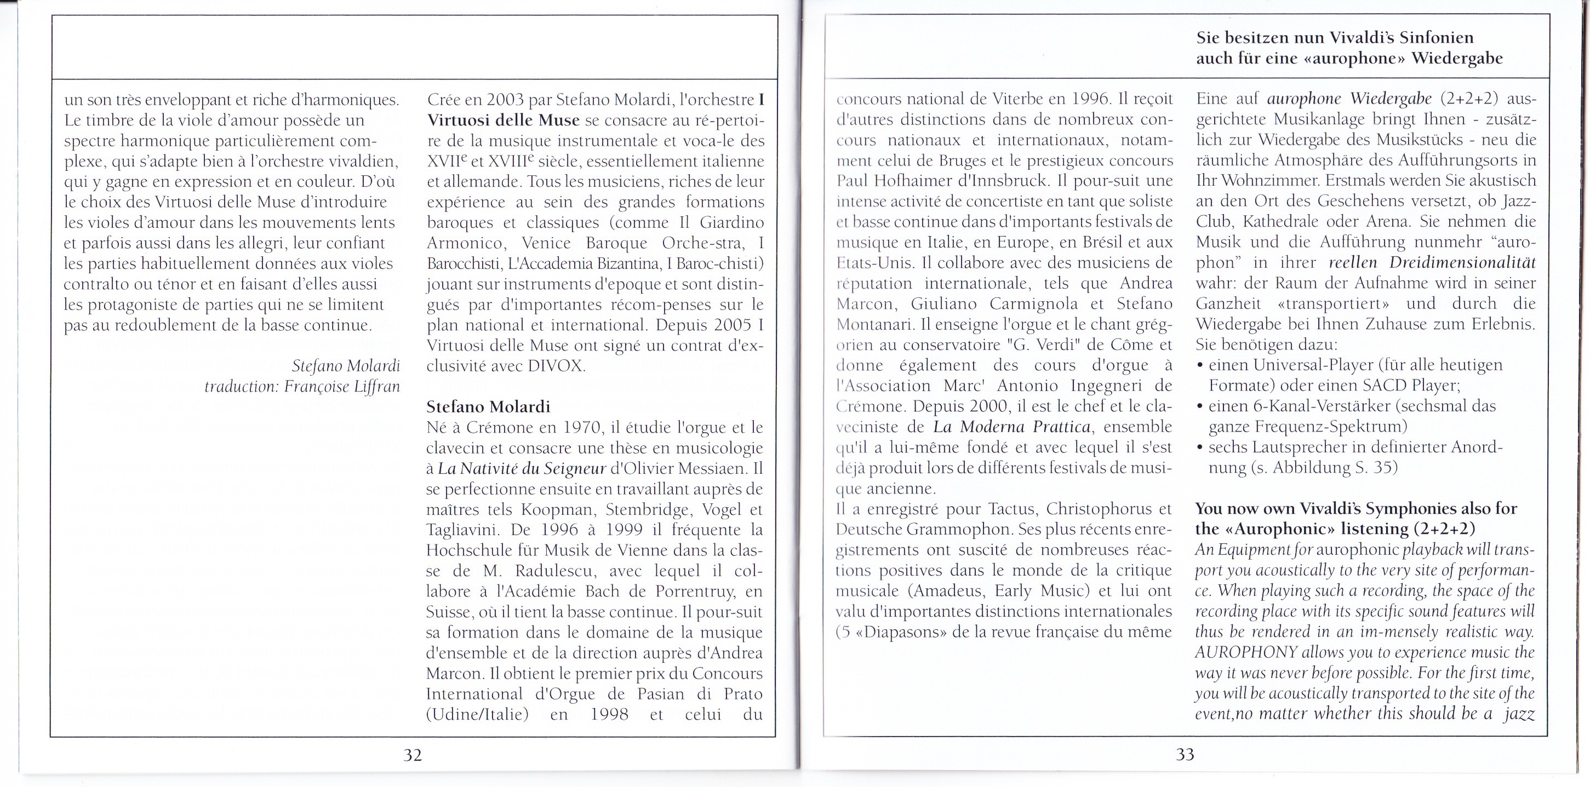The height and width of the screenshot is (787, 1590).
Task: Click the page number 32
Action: tap(413, 755)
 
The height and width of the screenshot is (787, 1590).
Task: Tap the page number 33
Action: tap(1185, 755)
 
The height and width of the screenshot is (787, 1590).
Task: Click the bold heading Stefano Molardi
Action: tap(488, 407)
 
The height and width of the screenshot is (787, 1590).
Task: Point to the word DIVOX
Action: tap(556, 366)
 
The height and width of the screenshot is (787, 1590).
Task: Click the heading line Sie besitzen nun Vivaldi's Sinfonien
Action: tap(1335, 38)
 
